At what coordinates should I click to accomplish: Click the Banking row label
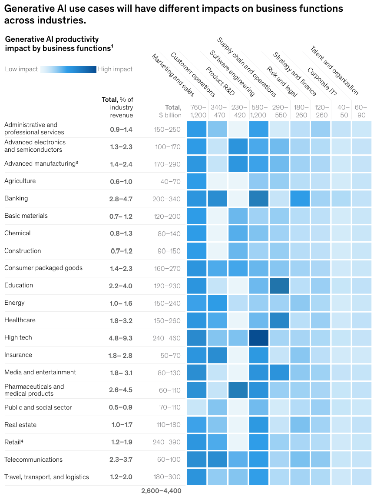[16, 198]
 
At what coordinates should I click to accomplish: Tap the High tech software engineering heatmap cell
[259, 338]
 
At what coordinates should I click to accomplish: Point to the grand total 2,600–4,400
[161, 491]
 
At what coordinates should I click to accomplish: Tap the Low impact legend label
[21, 69]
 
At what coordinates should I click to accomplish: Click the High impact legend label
[115, 69]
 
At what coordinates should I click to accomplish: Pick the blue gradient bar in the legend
[68, 69]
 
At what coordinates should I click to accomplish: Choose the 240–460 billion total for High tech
[167, 338]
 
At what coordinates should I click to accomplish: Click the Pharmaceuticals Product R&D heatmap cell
[238, 390]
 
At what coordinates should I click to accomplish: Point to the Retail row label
[13, 442]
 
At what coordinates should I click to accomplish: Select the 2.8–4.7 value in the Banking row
[121, 199]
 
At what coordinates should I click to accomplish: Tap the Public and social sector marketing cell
[197, 407]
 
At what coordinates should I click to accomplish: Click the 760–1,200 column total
[197, 111]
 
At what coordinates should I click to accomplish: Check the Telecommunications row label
[33, 460]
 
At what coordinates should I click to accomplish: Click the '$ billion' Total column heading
[170, 111]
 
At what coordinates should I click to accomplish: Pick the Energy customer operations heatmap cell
[218, 303]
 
